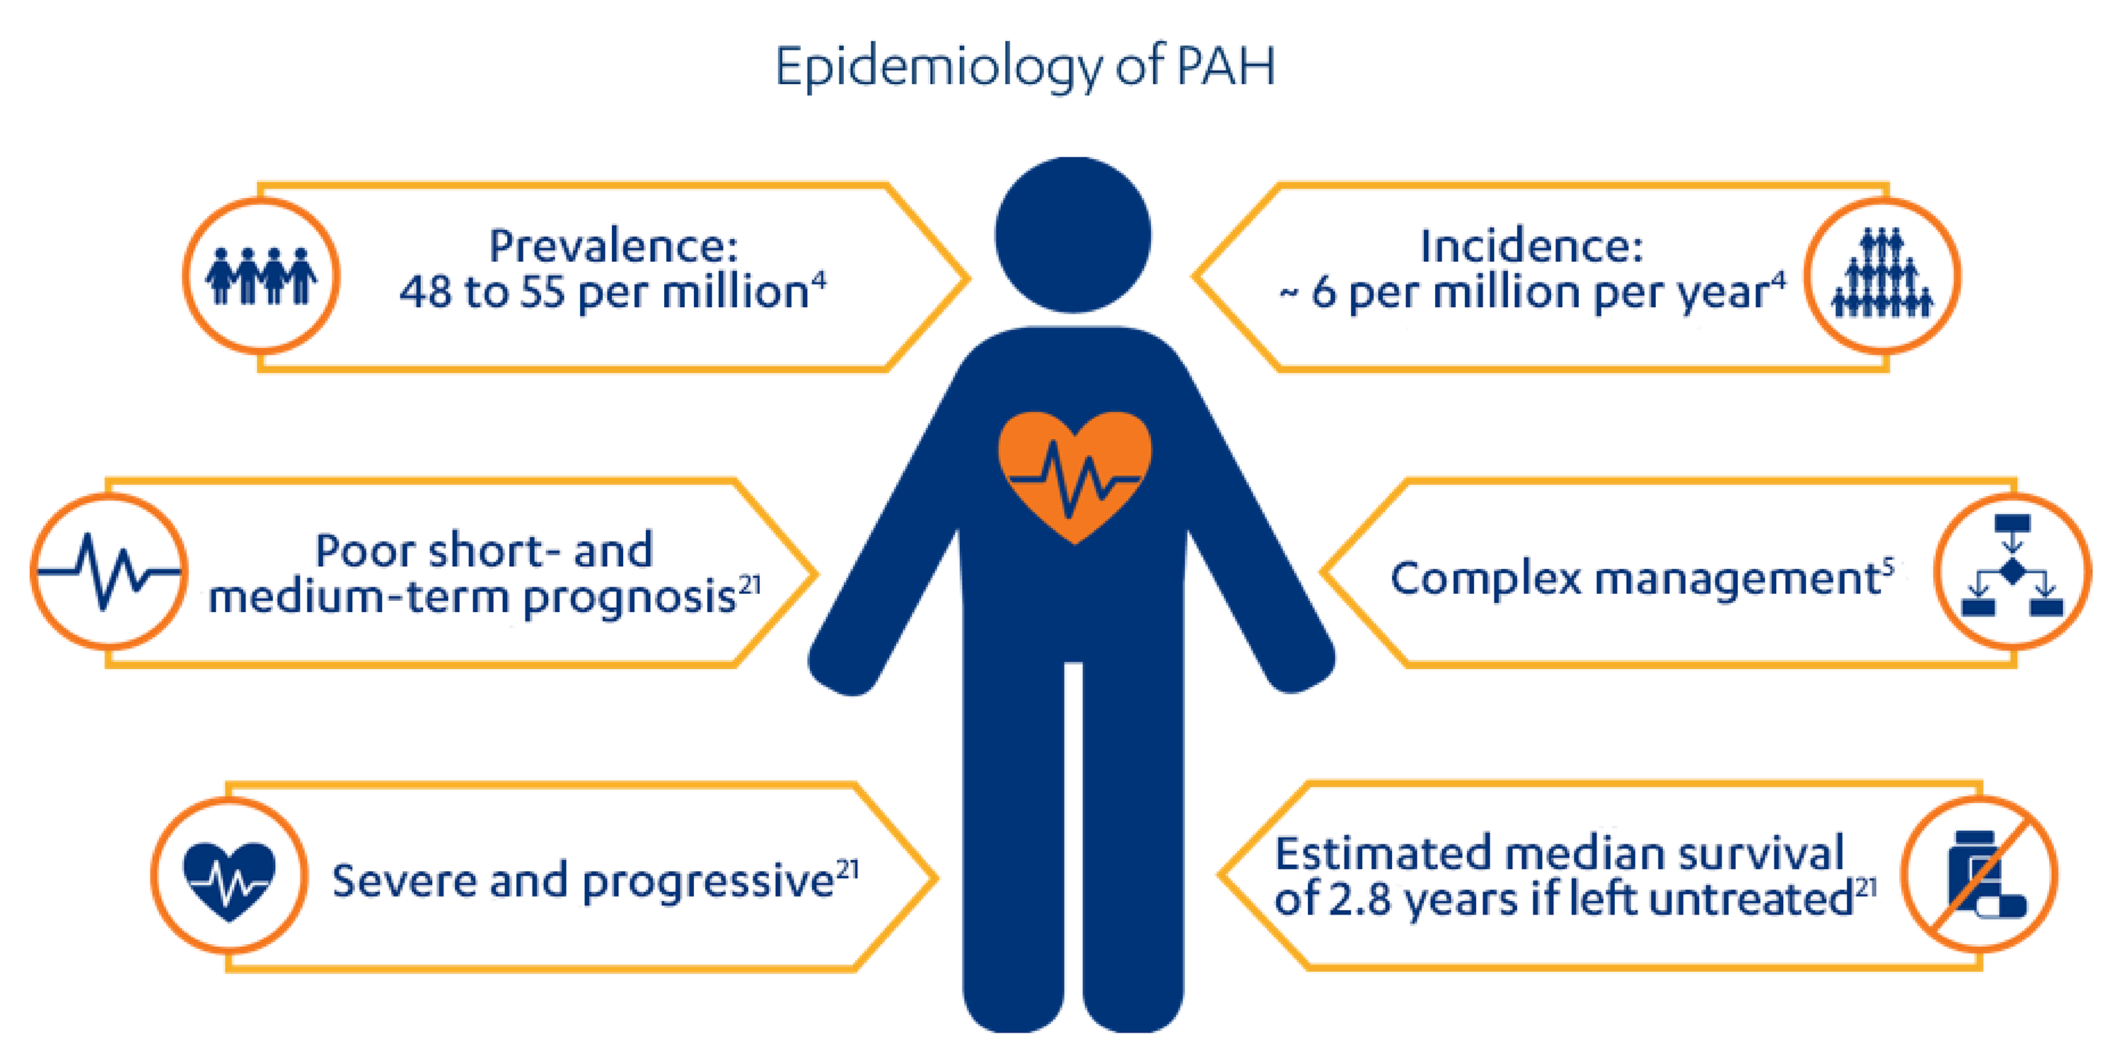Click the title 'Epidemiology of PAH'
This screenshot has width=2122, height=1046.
[x=1025, y=66]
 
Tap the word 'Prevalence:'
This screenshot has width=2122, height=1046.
[x=614, y=246]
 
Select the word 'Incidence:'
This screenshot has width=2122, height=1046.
[x=1531, y=246]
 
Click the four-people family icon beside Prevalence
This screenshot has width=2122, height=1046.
[x=261, y=276]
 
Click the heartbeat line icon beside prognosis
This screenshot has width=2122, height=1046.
[x=109, y=571]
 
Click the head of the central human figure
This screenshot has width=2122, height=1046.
[x=1072, y=235]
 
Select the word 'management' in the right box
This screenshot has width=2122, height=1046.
[x=1738, y=579]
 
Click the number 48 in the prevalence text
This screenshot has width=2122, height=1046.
[x=425, y=292]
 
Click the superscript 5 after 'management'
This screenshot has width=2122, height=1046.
[x=1888, y=565]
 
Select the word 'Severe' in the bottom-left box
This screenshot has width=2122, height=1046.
[x=404, y=881]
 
